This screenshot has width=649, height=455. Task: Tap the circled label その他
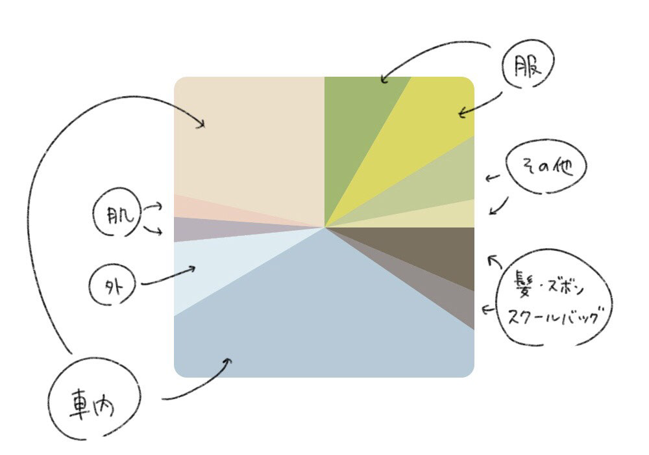[x=547, y=167]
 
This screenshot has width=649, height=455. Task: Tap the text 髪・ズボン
[x=548, y=285]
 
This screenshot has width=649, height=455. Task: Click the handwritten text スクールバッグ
[x=558, y=316]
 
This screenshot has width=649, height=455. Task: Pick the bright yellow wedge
[x=428, y=123]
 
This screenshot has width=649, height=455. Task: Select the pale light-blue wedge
[x=208, y=273]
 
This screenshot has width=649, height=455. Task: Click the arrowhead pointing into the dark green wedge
[x=383, y=81]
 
